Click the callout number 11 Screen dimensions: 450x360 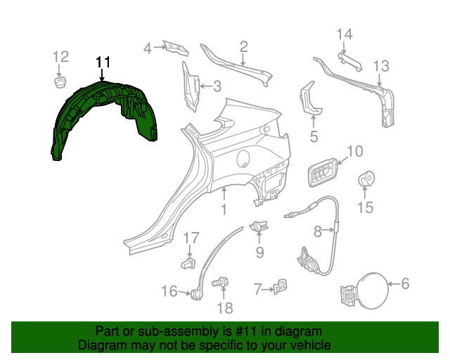tap(103, 63)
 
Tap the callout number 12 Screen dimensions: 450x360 tap(60, 56)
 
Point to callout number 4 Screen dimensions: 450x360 tap(148, 49)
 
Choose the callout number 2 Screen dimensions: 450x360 tap(243, 47)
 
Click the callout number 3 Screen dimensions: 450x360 tap(217, 87)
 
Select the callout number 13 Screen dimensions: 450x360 tap(380, 66)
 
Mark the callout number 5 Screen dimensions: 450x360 tap(314, 136)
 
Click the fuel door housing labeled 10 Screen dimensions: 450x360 tap(321, 172)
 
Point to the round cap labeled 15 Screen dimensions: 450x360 tap(366, 181)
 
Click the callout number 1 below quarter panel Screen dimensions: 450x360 tap(224, 210)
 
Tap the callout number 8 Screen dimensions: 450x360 tap(317, 230)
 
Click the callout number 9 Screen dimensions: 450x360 tap(259, 252)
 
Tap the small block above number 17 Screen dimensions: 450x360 tap(188, 263)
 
